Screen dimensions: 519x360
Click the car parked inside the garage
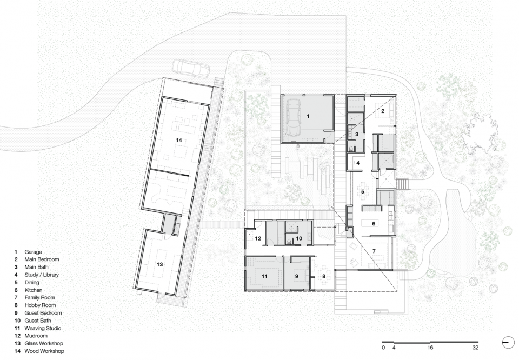pyautogui.click(x=293, y=117)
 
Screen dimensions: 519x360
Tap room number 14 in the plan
pyautogui.click(x=179, y=141)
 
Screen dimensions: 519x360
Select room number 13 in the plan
pyautogui.click(x=159, y=264)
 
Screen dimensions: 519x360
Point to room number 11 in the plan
pyautogui.click(x=264, y=276)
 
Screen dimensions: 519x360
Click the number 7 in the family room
pyautogui.click(x=374, y=251)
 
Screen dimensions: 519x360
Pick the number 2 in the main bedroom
pyautogui.click(x=383, y=111)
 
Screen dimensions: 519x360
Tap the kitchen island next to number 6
pyautogui.click(x=369, y=223)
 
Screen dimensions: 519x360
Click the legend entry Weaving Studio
pyautogui.click(x=43, y=328)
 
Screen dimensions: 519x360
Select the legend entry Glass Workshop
pyautogui.click(x=44, y=343)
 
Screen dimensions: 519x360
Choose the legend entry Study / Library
pyautogui.click(x=42, y=275)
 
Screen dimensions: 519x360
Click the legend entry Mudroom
pyautogui.click(x=36, y=336)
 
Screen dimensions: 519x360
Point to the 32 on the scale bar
pyautogui.click(x=475, y=348)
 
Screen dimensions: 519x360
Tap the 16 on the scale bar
pyautogui.click(x=430, y=348)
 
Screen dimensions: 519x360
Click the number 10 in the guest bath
pyautogui.click(x=299, y=238)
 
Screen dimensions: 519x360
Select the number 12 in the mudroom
pyautogui.click(x=258, y=238)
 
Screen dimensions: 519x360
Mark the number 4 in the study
pyautogui.click(x=358, y=163)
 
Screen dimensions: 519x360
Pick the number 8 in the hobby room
pyautogui.click(x=323, y=276)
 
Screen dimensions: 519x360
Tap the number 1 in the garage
pyautogui.click(x=308, y=116)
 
